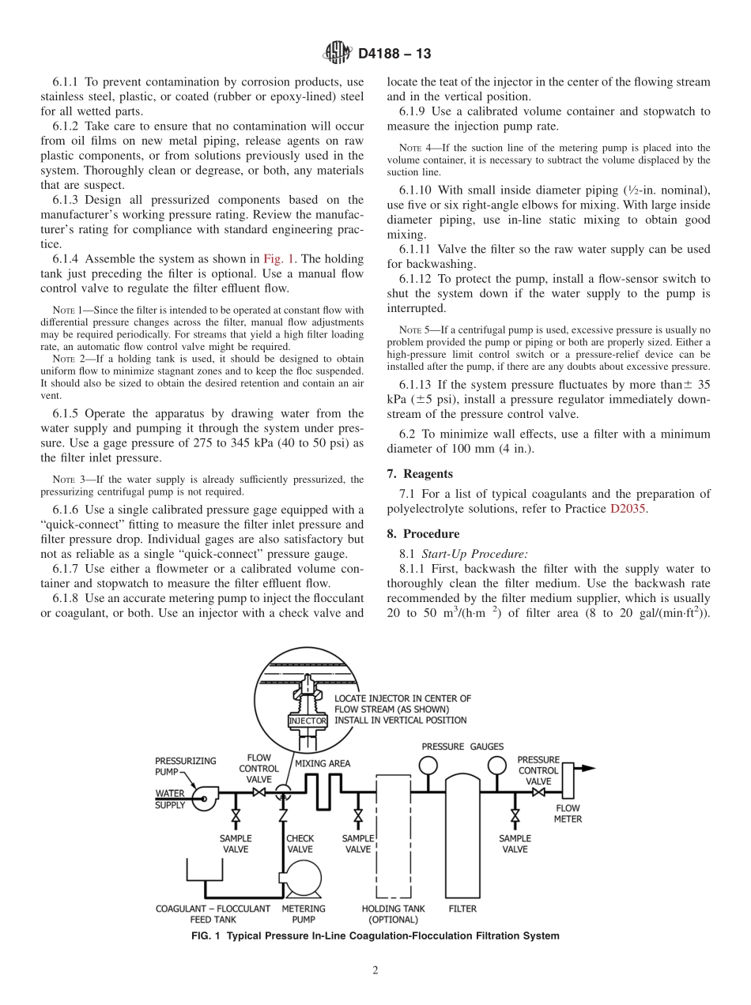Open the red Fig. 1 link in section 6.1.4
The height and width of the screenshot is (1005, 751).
click(x=277, y=259)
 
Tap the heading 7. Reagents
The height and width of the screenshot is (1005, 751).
click(x=419, y=474)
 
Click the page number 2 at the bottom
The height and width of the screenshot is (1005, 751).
click(x=375, y=970)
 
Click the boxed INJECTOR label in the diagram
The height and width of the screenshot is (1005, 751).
click(x=308, y=721)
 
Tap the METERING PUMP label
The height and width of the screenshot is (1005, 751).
click(x=304, y=914)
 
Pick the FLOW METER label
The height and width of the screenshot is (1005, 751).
click(x=568, y=813)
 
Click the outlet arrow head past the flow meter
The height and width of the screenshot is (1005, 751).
click(x=589, y=768)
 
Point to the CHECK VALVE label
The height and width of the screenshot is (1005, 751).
click(x=300, y=844)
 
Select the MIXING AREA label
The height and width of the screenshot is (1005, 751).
click(x=323, y=764)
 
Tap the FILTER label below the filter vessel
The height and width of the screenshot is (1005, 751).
click(x=462, y=909)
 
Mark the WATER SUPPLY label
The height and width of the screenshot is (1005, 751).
click(x=170, y=799)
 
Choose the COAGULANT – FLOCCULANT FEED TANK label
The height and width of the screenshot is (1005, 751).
click(x=213, y=914)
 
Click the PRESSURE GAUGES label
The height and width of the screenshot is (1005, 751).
click(x=462, y=747)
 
